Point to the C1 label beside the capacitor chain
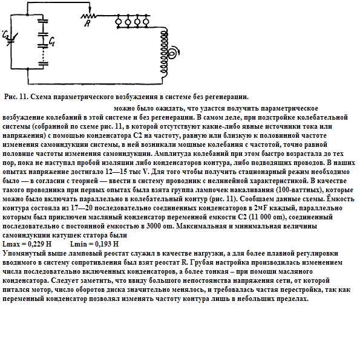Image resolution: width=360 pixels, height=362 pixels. click(x=54, y=42)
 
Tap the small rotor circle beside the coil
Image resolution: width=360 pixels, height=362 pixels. click(x=171, y=54)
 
